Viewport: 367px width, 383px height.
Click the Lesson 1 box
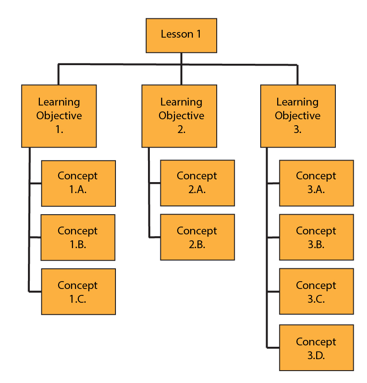coord(181,35)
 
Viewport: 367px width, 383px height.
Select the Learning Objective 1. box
coord(59,116)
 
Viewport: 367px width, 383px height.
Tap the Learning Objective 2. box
coord(179,116)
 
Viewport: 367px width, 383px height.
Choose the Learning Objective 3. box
coord(298,116)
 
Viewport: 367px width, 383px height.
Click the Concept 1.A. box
coord(78,183)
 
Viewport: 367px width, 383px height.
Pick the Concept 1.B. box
coord(78,238)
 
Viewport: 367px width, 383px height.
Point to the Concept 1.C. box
coord(78,292)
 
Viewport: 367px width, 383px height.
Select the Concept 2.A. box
coord(197,183)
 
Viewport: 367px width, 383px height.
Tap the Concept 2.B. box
coord(197,238)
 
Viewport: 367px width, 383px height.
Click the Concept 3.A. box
coord(317,183)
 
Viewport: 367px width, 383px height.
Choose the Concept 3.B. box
coord(317,238)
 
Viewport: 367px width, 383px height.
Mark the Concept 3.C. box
coord(317,292)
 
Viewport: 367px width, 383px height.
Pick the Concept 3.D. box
coord(317,348)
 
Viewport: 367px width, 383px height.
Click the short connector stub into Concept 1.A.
coord(35,183)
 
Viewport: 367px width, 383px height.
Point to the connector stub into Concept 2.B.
coord(155,237)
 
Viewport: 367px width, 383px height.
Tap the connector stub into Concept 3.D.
coord(273,347)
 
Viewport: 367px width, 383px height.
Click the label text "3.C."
coord(316,299)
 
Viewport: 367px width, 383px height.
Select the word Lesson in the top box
coord(173,34)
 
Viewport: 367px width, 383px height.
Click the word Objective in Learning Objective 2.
coord(181,116)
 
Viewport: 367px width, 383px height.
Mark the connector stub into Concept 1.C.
coord(35,291)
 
